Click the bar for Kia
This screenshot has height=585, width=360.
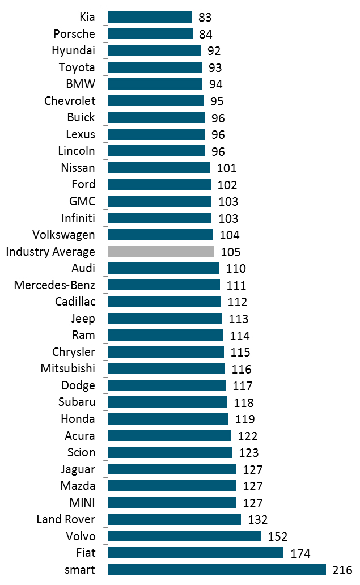(150, 17)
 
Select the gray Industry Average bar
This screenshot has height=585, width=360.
(160, 252)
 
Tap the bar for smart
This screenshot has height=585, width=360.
(217, 570)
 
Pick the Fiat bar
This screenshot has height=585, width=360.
(196, 553)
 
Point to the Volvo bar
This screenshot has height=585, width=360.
(184, 536)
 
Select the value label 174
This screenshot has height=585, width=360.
(300, 553)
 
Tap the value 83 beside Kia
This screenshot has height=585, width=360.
(205, 18)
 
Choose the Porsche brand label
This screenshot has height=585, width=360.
(74, 34)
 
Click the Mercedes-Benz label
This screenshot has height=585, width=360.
(54, 285)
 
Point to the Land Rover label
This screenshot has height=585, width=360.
(66, 519)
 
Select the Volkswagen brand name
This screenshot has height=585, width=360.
(64, 235)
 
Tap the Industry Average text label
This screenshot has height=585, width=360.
(50, 252)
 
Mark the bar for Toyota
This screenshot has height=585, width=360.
(155, 67)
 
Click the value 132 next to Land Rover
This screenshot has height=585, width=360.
(257, 519)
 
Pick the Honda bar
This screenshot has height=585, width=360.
(168, 419)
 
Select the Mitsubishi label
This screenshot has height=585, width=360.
(68, 368)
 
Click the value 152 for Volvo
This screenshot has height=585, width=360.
(278, 536)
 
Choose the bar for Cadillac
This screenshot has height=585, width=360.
(164, 302)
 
